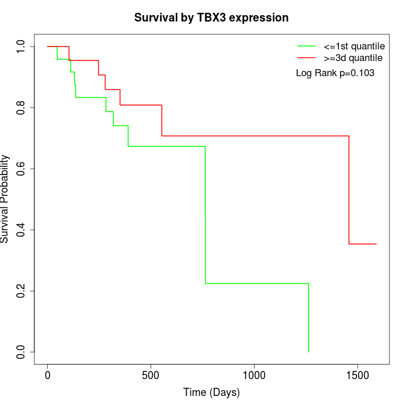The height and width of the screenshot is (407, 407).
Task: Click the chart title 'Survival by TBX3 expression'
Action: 211,17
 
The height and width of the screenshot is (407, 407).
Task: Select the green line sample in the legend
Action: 306,46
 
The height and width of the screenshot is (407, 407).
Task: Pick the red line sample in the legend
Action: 306,58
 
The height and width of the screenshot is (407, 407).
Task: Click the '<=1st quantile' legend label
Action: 354,46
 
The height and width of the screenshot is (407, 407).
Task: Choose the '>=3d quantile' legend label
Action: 353,58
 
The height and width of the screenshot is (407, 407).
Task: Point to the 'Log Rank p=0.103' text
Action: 335,73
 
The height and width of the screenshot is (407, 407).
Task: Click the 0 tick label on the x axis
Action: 48,376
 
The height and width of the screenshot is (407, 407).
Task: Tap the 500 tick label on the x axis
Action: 151,376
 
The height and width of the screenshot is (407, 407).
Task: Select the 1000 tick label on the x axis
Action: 254,376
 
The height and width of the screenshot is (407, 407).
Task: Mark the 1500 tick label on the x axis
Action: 358,376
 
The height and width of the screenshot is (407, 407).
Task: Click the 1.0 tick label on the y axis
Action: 20,47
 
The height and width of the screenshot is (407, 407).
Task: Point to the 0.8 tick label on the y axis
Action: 20,108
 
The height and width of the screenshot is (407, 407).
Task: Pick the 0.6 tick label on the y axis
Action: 20,169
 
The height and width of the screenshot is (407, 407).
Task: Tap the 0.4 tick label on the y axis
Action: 20,230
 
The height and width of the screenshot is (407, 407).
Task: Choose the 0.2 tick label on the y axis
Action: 20,291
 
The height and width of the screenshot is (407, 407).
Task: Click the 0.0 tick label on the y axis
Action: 20,352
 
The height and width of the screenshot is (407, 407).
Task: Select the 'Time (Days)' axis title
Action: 211,392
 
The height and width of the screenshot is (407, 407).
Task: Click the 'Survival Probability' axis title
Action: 4,199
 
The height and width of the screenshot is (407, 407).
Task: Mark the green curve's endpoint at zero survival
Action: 309,352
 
